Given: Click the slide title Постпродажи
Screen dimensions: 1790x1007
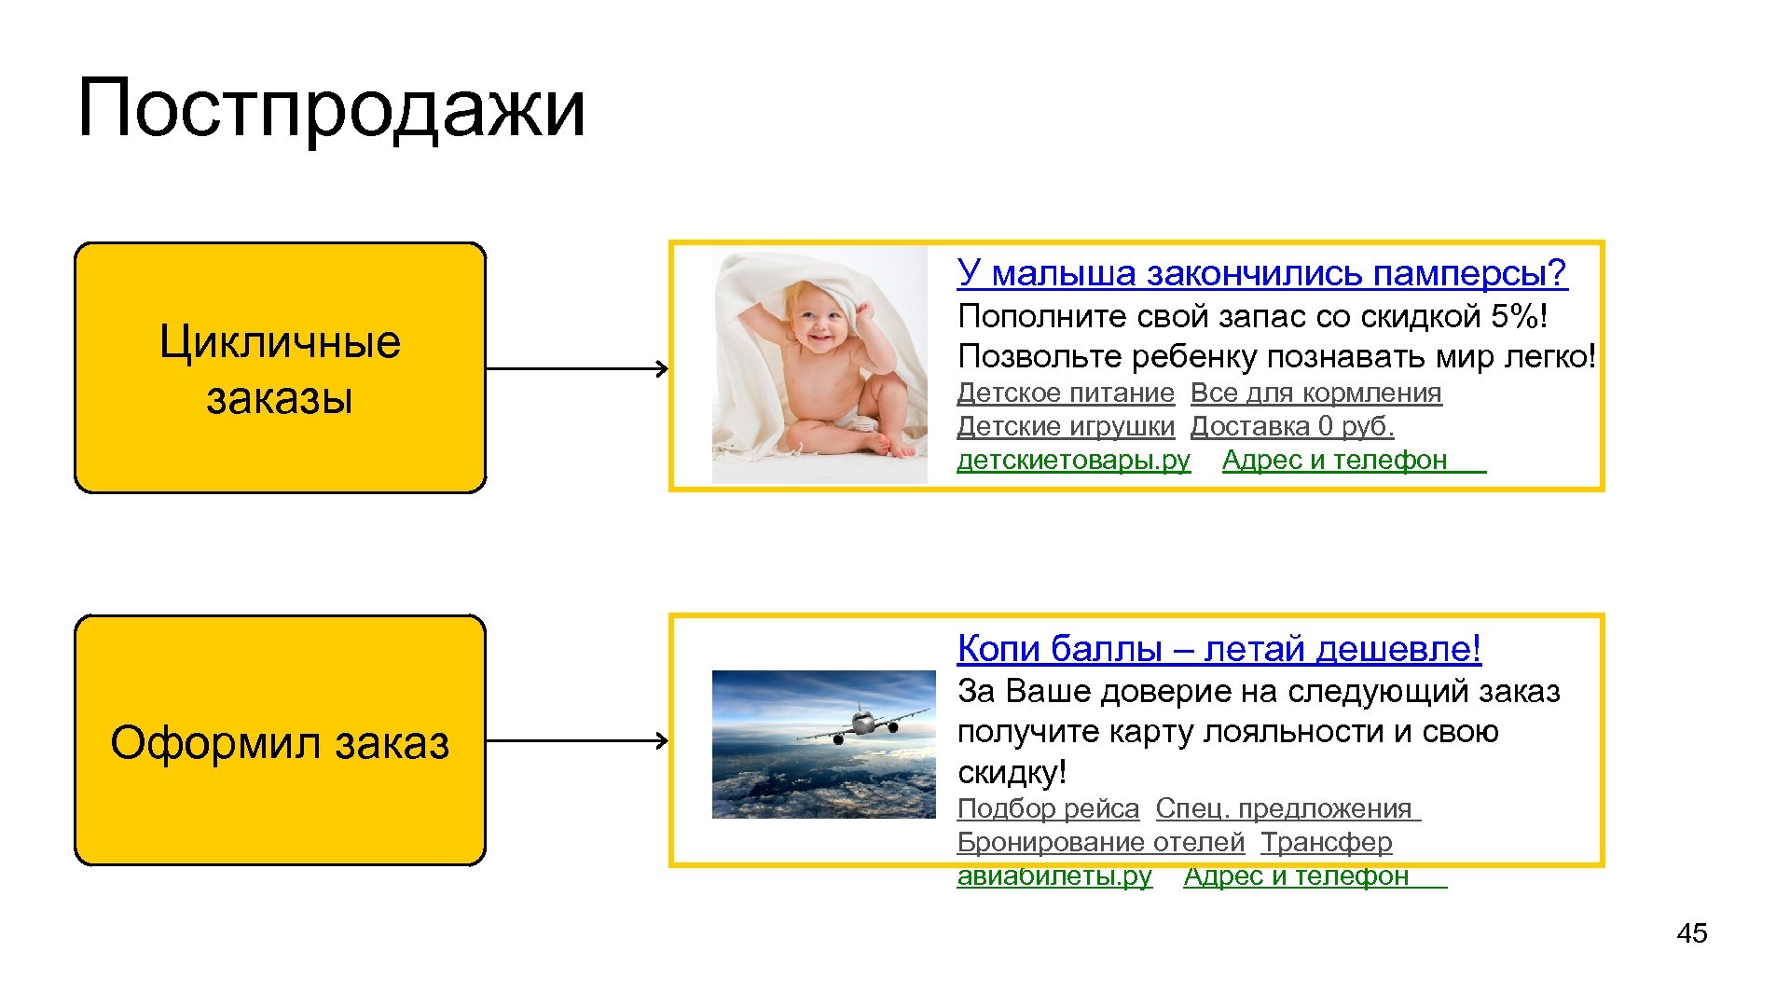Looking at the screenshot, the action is (331, 109).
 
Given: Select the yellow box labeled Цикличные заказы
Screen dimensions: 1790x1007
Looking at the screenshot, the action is (280, 367).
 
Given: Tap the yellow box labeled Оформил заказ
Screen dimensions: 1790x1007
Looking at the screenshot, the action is (280, 740).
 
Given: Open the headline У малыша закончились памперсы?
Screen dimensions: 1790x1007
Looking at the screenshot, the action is (1261, 273).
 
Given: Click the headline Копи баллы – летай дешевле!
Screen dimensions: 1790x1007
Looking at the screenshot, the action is (1219, 648).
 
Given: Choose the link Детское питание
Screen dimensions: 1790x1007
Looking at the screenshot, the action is (1065, 393).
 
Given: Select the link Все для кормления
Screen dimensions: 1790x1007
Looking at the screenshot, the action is (1315, 393).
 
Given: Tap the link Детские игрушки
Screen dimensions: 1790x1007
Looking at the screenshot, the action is (1065, 427).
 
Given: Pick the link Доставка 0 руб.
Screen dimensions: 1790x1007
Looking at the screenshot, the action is (1291, 427).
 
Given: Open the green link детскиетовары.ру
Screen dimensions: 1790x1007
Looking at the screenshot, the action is (1073, 461).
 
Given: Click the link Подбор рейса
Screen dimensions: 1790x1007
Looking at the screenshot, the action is (1048, 809).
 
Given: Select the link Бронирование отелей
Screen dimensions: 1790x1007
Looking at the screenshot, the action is (1100, 843).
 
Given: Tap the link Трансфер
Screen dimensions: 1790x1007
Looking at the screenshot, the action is (1326, 843).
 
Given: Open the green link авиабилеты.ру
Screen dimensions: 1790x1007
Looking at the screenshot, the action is (1054, 876).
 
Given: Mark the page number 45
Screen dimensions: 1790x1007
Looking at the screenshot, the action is (1691, 933).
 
